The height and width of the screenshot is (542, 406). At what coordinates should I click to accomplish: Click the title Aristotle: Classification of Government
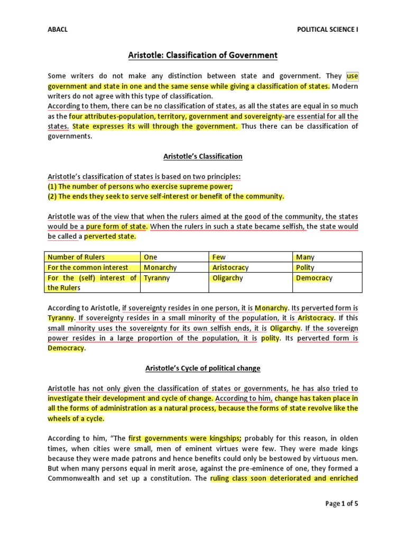pyautogui.click(x=203, y=55)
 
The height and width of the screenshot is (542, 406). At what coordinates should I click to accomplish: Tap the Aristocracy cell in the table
pyautogui.click(x=230, y=268)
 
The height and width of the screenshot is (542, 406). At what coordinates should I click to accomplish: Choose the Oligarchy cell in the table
pyautogui.click(x=228, y=278)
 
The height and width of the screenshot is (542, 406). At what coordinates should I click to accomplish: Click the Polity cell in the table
pyautogui.click(x=305, y=268)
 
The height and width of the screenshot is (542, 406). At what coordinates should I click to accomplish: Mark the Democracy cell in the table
pyautogui.click(x=314, y=278)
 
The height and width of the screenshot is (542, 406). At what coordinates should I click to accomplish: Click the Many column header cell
pyautogui.click(x=305, y=257)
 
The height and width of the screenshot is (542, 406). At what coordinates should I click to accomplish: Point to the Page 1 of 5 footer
pyautogui.click(x=342, y=503)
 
